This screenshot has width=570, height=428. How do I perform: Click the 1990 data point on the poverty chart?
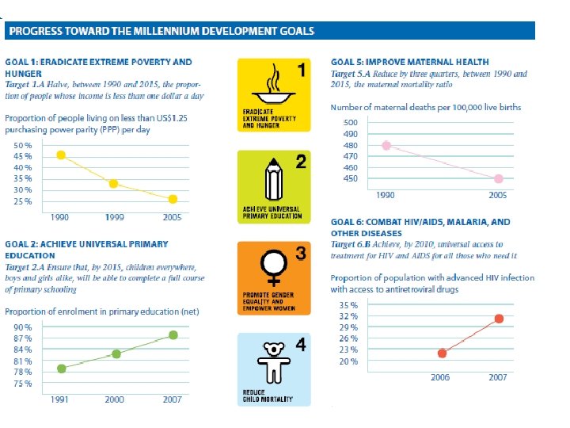point(61,155)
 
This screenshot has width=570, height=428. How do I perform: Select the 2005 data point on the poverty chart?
point(173,199)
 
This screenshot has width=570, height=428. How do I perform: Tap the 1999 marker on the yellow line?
point(114,184)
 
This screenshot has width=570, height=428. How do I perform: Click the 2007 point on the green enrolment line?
point(173,335)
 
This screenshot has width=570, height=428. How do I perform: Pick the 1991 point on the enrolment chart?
point(62,369)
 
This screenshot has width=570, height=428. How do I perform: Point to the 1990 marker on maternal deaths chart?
point(386,145)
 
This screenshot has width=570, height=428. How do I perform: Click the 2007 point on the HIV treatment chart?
point(499,319)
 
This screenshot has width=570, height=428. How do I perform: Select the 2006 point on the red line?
point(442,353)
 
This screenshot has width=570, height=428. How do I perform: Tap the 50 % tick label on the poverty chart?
point(23,146)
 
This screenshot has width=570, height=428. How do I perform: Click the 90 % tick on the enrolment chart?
point(23,327)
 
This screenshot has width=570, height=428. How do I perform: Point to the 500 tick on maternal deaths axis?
point(350,123)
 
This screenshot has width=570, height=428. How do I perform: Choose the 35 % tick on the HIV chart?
point(348,305)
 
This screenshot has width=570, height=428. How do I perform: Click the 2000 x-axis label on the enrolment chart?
point(116,399)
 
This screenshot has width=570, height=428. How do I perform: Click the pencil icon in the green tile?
point(275,180)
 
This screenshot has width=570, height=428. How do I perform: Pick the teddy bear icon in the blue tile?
point(274,361)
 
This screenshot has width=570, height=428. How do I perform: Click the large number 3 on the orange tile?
point(301,254)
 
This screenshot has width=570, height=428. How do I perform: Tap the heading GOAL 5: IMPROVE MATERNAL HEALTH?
point(409,61)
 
